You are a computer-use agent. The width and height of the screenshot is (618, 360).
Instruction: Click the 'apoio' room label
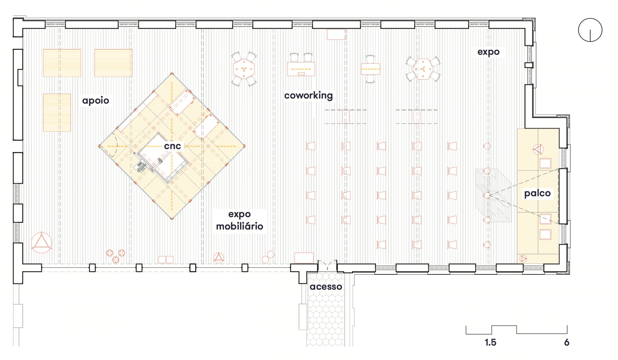(95, 100)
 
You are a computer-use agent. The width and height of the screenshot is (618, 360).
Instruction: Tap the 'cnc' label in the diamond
(172, 146)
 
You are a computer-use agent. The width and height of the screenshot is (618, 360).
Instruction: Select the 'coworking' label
(309, 95)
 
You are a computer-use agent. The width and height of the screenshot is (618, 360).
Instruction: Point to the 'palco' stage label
(537, 193)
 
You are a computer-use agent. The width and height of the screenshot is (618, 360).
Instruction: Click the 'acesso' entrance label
(326, 287)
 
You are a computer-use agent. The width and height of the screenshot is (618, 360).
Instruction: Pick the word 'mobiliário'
(239, 226)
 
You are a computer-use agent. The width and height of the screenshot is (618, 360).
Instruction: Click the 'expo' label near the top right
(488, 52)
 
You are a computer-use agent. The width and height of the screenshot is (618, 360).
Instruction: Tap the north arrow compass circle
(590, 30)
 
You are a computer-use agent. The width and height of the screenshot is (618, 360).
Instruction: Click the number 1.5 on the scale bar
(490, 342)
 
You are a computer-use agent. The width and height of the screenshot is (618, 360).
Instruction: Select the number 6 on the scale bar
(566, 342)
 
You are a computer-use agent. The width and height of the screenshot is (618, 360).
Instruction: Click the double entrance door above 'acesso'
(327, 265)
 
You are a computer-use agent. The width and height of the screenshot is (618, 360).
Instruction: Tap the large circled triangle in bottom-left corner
(41, 243)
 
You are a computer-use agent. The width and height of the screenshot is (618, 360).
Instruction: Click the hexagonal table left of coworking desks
(244, 69)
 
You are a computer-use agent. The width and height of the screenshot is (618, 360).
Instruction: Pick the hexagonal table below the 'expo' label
(423, 69)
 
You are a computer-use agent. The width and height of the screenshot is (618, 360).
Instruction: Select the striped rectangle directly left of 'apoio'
(57, 113)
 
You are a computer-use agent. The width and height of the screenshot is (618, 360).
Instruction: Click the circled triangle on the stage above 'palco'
(538, 150)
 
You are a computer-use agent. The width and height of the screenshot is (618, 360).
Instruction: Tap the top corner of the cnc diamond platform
(172, 74)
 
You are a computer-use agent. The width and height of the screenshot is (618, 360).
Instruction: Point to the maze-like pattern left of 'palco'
(494, 195)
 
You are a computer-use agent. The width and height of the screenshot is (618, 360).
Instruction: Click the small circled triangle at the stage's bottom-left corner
(523, 259)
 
